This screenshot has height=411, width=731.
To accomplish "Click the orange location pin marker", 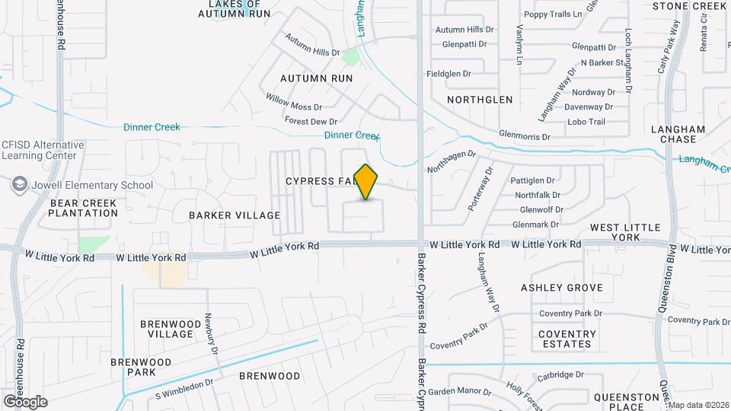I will pyautogui.click(x=366, y=182).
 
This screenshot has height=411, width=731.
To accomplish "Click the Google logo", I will pyautogui.click(x=25, y=401).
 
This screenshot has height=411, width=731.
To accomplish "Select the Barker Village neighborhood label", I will pyautogui.click(x=224, y=215).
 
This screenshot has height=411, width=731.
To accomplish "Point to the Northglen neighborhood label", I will pyautogui.click(x=480, y=100).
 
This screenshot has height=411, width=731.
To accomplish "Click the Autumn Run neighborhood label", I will pyautogui.click(x=316, y=78).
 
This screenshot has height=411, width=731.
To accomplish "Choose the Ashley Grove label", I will pyautogui.click(x=562, y=288).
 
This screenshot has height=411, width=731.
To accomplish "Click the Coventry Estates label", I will pyautogui.click(x=567, y=339).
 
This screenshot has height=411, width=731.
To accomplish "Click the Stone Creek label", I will pyautogui.click(x=690, y=6).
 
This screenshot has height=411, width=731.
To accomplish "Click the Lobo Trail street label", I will pyautogui.click(x=586, y=122).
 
